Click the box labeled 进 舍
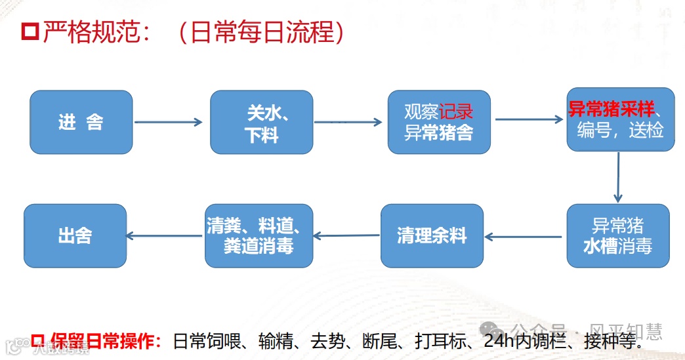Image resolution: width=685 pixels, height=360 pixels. [x=81, y=123]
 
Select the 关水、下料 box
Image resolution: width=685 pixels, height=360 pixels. [x=261, y=123]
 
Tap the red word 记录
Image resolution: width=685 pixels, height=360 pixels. [x=456, y=111]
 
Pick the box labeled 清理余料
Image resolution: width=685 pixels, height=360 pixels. [x=432, y=235]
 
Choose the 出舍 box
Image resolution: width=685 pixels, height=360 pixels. [x=75, y=235]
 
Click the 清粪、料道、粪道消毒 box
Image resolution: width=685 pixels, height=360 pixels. [x=259, y=235]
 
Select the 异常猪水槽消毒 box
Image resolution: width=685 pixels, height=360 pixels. [x=617, y=235]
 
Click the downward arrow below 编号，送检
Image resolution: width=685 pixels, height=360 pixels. [x=617, y=177]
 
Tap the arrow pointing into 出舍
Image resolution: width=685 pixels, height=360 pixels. [x=164, y=235]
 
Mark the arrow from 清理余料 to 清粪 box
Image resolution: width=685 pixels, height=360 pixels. [x=346, y=235]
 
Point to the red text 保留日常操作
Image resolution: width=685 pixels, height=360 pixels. [x=104, y=341]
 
